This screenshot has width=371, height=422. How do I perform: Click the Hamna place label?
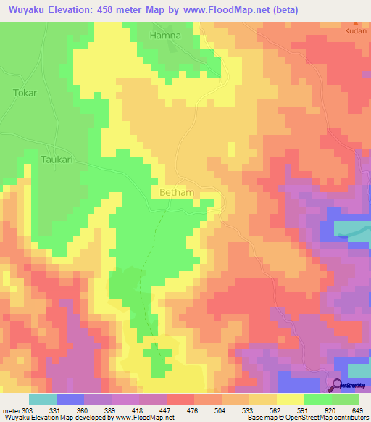coord(164,35)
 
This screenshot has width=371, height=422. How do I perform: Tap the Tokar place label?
coord(24,93)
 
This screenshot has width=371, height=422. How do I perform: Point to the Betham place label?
coord(176,193)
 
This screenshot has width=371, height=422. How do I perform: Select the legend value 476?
coord(193,411)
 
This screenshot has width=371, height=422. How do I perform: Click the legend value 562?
coord(276,411)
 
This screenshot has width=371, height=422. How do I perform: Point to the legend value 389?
coord(110,411)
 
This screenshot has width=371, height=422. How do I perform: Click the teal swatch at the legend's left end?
coord(42,400)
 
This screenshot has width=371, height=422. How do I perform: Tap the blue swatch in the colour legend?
coord(70,400)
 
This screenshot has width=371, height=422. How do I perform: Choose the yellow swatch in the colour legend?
coord(290,400)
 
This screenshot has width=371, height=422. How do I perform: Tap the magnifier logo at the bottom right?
coord(338,385)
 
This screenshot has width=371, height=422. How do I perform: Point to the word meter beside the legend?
coord(12,411)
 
